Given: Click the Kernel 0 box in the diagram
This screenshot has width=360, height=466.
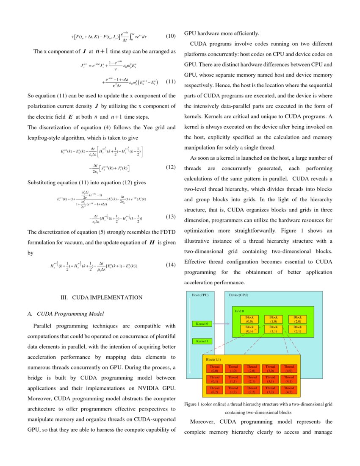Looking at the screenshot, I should point(202,324).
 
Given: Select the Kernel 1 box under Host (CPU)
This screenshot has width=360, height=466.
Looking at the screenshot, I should point(202,341).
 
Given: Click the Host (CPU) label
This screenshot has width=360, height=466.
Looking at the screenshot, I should point(200,295).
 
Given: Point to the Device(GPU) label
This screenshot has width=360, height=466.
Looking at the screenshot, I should point(238,295).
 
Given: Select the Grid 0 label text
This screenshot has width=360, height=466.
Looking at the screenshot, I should point(240,311).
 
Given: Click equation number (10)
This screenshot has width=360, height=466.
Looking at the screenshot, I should point(170,36).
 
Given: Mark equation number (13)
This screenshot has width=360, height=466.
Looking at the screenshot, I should point(170,217).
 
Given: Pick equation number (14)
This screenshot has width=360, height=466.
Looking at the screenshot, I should point(170,265).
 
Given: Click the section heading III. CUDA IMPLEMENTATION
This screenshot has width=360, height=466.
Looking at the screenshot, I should point(101,297).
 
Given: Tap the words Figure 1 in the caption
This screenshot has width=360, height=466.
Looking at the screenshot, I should point(194,404).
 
